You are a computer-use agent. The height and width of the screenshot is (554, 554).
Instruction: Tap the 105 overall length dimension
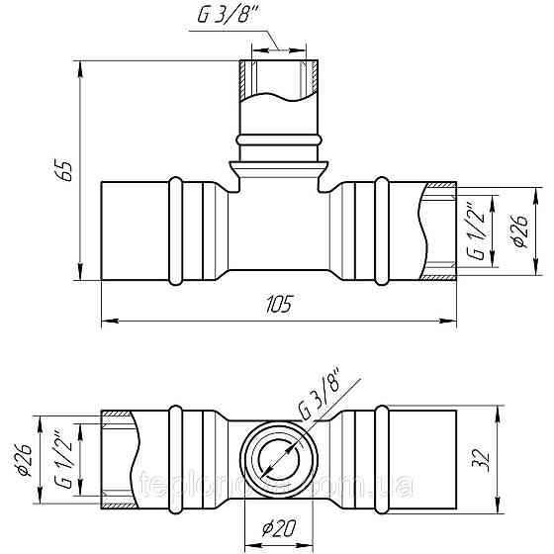(280, 306)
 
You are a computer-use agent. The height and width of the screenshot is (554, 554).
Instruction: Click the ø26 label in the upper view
(517, 231)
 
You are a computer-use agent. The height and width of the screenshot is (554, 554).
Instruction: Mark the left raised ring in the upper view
(177, 230)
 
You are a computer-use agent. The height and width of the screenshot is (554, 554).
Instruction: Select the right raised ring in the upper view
(381, 230)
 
